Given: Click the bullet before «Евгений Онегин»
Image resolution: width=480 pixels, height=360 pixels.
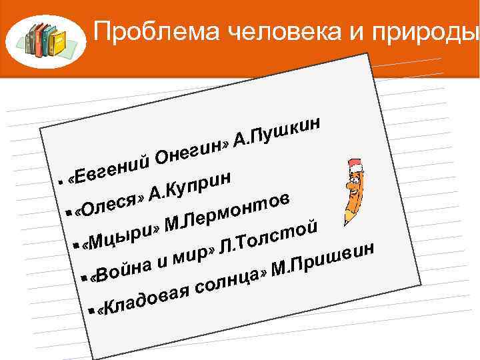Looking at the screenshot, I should click(x=61, y=181).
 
